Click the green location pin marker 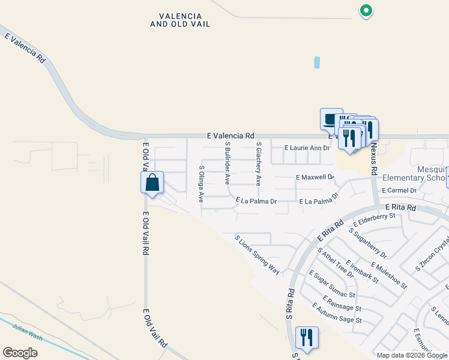(366, 10)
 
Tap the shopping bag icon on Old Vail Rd (152, 182)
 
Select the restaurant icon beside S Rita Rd (307, 337)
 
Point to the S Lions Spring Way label (258, 255)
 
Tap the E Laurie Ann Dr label (307, 148)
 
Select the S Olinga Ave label (202, 184)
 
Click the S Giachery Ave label (259, 163)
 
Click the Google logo (20, 353)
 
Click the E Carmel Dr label (397, 190)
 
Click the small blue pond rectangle (317, 62)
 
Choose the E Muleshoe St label (389, 275)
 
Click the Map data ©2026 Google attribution (412, 355)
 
